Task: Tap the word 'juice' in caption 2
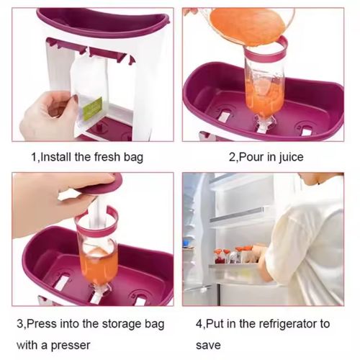(289, 156)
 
